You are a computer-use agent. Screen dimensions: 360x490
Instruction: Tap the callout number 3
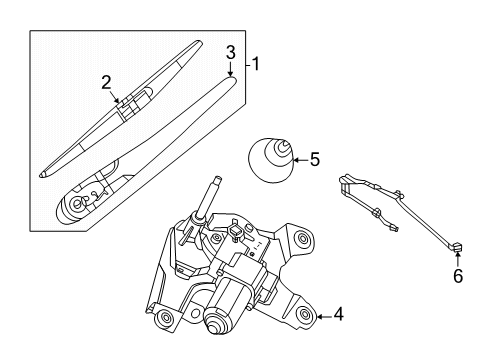pos(230,51)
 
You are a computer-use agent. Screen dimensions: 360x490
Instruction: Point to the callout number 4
pos(339,316)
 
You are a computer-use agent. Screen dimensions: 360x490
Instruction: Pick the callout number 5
pos(314,157)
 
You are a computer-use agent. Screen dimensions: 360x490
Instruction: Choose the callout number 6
pos(458,277)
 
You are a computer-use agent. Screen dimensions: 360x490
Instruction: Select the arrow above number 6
pos(457,257)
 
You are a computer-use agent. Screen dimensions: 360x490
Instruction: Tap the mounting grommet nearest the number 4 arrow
pos(304,316)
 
